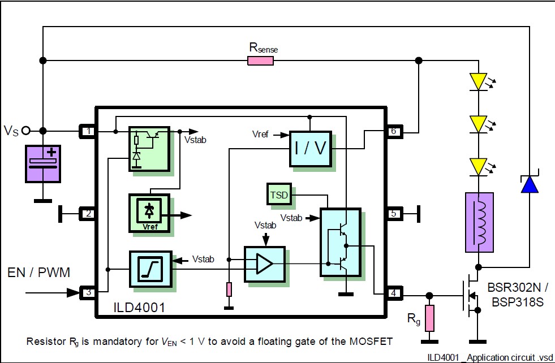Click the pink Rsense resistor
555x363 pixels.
click(260, 60)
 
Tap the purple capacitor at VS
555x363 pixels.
click(43, 163)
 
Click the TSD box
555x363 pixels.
click(278, 195)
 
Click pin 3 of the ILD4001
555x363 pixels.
click(88, 292)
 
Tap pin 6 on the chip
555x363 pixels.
click(394, 132)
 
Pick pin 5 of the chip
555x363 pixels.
click(394, 214)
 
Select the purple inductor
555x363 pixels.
click(479, 222)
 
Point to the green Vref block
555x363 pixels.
click(149, 213)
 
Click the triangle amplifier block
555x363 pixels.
click(264, 263)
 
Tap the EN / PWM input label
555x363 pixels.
click(39, 273)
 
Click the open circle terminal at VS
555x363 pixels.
click(25, 131)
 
